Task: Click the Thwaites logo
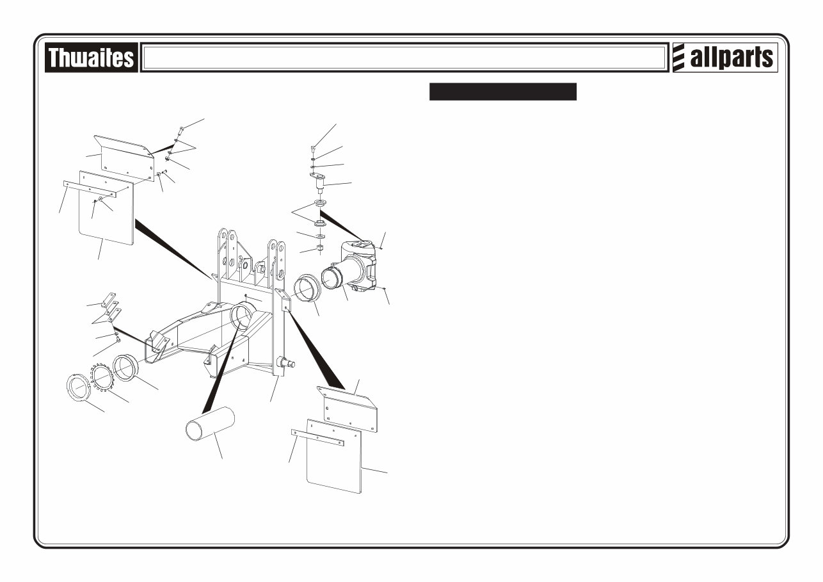(x=91, y=58)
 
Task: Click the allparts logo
(x=724, y=58)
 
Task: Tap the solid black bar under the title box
(x=503, y=92)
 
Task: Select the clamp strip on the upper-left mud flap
(x=90, y=188)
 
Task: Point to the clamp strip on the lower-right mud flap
(x=317, y=438)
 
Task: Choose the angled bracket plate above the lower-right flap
(x=346, y=407)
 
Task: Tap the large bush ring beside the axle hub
(x=306, y=287)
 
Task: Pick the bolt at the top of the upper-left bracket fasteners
(x=180, y=130)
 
